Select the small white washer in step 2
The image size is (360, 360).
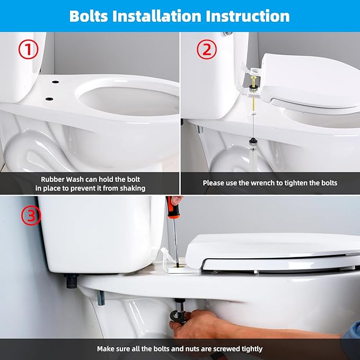253,113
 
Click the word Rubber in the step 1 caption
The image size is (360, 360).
53,179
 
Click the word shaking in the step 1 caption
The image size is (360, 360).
131,188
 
